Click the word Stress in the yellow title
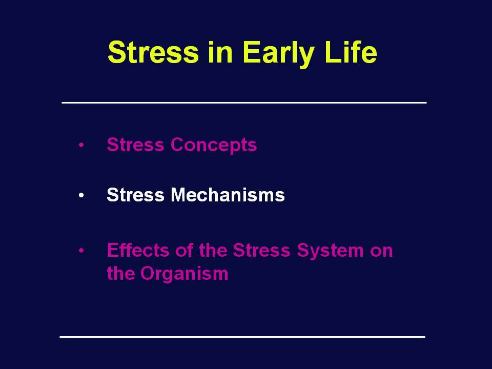tap(153, 52)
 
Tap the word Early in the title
tap(278, 54)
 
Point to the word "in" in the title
tap(220, 52)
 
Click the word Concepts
tap(214, 146)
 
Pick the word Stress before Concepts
tap(135, 145)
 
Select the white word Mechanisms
tap(228, 195)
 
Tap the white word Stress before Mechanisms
tap(135, 195)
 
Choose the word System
tap(330, 251)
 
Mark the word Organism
tap(184, 274)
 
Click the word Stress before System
tap(262, 251)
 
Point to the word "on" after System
tap(381, 252)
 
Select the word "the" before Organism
tap(120, 273)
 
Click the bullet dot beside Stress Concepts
tap(81, 145)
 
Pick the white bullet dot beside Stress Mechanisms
tap(81, 195)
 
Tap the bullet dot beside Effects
tap(81, 251)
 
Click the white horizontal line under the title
tap(244, 102)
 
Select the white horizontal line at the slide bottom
tap(242, 337)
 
